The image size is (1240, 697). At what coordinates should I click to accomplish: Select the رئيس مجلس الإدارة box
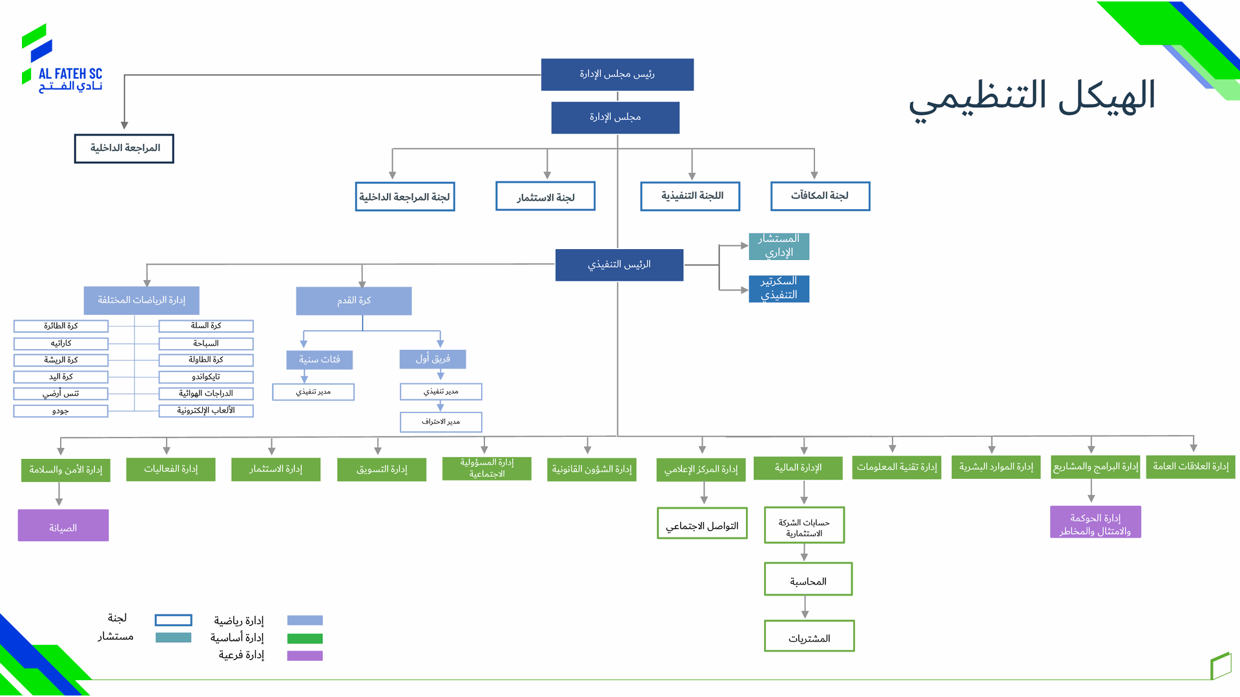617,74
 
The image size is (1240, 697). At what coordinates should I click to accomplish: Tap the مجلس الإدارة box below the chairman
615,117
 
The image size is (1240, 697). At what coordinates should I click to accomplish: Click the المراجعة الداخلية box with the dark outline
124,148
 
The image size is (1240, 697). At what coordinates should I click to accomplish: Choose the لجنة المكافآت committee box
820,196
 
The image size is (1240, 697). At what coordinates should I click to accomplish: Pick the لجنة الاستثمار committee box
545,196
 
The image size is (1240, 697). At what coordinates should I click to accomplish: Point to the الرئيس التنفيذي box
619,265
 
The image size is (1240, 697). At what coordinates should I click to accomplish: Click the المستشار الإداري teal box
778,246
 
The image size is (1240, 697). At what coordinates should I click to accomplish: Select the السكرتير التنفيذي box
778,288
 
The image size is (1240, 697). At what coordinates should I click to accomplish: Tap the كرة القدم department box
353,301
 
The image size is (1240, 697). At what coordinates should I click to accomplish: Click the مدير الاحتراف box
440,422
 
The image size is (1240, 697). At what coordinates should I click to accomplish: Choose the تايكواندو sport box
205,377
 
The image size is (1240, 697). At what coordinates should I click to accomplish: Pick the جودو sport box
61,411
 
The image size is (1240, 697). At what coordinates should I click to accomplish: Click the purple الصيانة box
63,525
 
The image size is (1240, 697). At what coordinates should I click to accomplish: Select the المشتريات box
809,636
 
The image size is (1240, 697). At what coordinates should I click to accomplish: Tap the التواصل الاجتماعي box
701,523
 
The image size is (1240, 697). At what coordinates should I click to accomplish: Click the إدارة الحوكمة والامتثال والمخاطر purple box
1095,522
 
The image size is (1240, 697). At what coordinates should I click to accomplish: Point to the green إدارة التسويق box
381,469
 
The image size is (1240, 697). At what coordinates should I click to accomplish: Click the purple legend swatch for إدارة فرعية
304,656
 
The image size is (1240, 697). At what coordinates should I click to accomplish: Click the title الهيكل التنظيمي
1031,97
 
